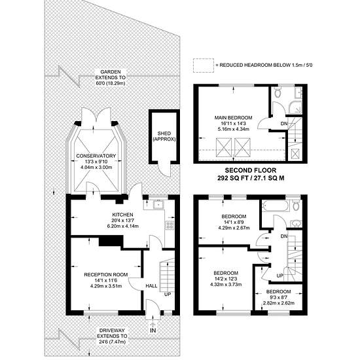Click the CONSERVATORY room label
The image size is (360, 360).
96,156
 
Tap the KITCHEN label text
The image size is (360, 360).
122,215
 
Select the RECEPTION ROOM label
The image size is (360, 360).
106,275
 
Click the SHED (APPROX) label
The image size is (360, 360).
164,136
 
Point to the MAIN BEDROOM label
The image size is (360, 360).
233,118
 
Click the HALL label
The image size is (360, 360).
152,286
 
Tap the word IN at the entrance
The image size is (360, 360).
153,331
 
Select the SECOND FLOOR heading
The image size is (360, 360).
251,170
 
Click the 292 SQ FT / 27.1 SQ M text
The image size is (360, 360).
251,178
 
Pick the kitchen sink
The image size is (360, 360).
158,204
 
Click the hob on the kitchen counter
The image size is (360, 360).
170,225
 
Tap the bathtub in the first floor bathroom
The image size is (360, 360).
276,206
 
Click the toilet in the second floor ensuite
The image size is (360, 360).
278,92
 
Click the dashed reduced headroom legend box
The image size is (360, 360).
204,65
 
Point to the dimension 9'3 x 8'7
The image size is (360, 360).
278,297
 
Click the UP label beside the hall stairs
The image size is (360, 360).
168,294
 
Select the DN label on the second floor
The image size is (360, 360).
284,124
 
